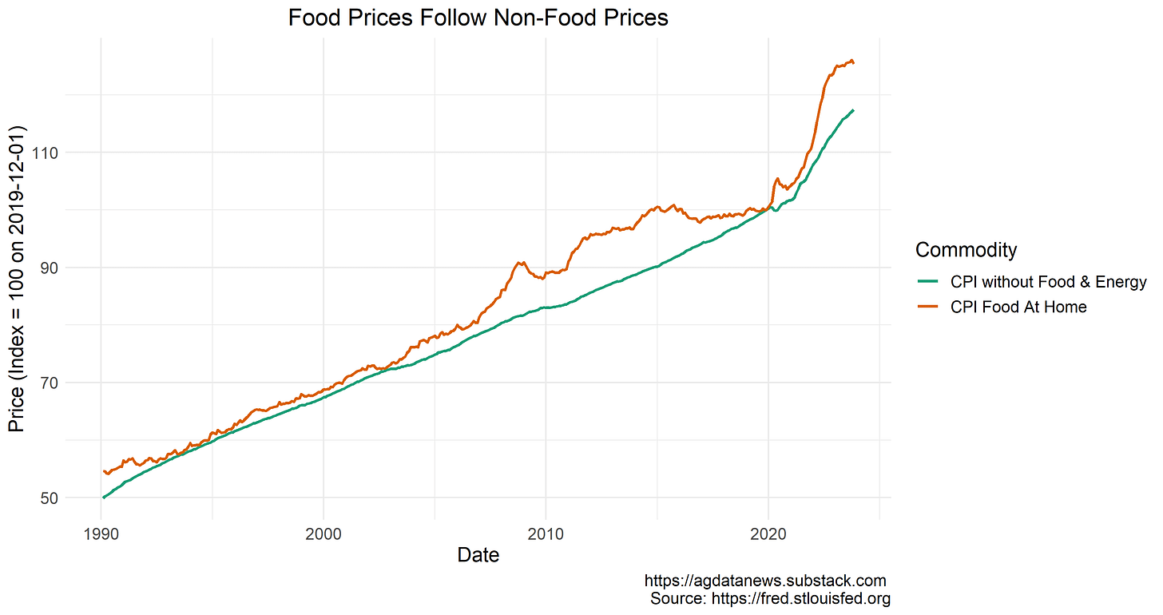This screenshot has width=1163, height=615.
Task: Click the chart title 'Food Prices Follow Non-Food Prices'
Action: point(478,18)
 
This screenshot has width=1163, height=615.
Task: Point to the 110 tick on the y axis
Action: point(45,153)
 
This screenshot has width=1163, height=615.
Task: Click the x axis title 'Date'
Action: point(478,555)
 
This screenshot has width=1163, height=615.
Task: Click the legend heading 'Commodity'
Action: point(966,250)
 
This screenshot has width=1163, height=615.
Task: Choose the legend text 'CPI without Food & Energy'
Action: point(1048,282)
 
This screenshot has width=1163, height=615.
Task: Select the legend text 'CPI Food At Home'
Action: point(1018,307)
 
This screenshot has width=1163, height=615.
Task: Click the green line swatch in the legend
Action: point(929,282)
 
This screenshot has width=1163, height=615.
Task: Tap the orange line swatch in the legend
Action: point(929,307)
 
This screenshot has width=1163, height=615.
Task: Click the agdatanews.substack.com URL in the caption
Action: point(764,581)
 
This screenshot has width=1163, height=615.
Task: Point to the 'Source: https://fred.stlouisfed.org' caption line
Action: point(769,598)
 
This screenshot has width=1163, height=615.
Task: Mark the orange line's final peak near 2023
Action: point(851,60)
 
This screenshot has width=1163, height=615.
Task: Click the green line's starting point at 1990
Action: point(103,498)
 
